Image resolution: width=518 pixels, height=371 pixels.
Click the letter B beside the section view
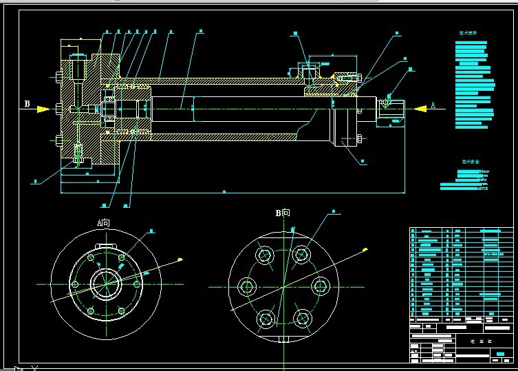28,104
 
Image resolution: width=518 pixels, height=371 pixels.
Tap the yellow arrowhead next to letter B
43,109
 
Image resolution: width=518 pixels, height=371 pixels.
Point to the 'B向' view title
283,213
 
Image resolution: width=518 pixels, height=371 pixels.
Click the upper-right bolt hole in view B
301,255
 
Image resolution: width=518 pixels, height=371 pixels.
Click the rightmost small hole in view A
138,284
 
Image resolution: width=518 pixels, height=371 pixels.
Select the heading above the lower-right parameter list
471,163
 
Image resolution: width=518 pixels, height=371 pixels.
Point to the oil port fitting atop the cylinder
305,72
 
